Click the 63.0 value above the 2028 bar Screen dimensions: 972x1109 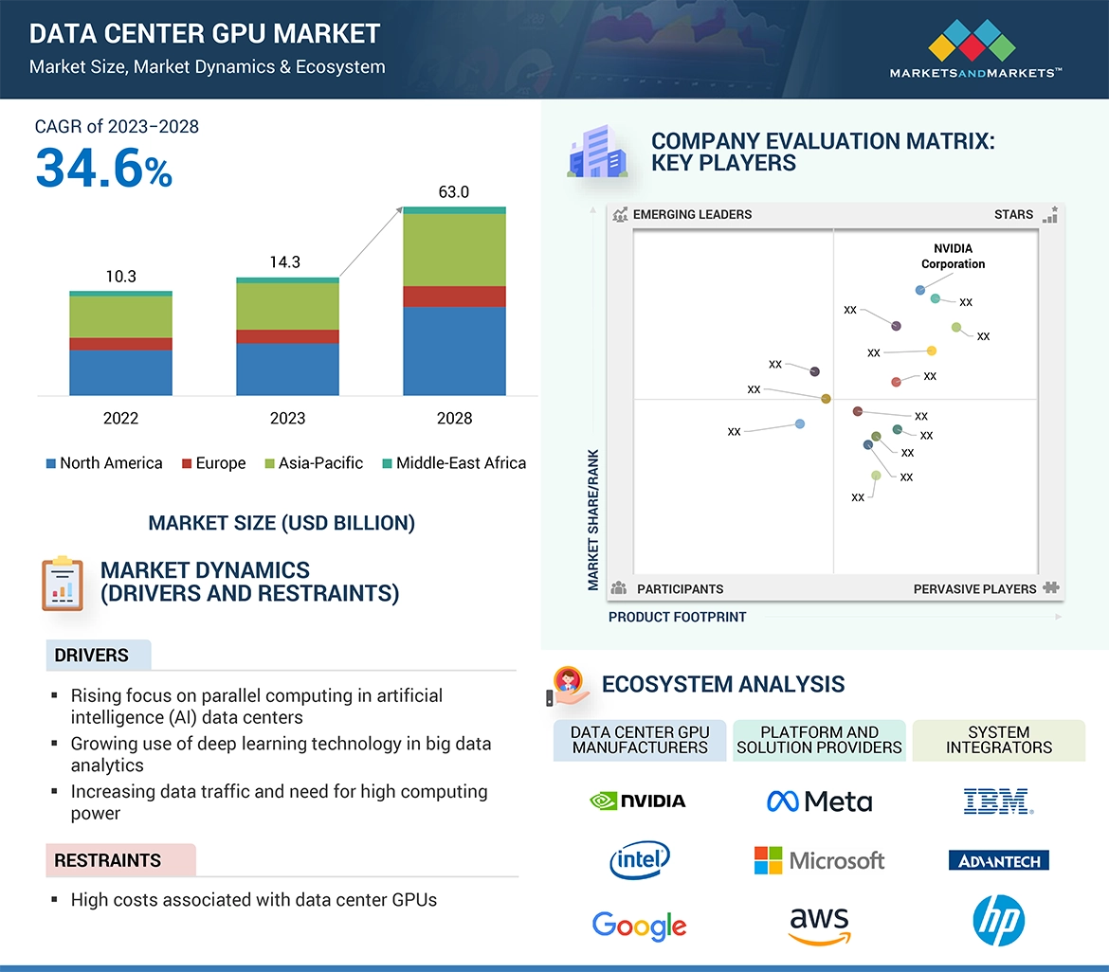click(453, 192)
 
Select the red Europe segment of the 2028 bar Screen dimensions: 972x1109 click(454, 297)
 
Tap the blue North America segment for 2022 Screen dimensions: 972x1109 click(120, 372)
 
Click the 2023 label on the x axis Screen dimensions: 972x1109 click(287, 418)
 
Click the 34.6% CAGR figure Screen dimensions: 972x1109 click(104, 167)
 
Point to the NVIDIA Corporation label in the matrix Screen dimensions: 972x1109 click(953, 256)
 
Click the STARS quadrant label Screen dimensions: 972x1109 click(1013, 214)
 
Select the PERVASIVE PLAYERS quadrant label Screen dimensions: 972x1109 click(974, 588)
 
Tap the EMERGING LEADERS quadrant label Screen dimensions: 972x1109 click(692, 214)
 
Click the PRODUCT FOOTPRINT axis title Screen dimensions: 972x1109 click(677, 617)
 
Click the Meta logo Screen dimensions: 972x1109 click(819, 801)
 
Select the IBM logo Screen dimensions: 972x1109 click(998, 801)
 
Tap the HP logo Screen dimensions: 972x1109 click(998, 920)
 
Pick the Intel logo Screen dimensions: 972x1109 click(640, 860)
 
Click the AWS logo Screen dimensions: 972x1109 click(819, 925)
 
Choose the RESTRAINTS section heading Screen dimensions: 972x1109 click(107, 860)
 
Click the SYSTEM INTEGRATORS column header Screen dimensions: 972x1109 click(998, 740)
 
